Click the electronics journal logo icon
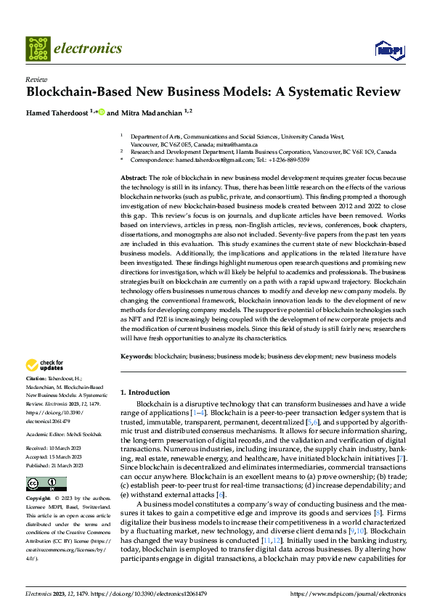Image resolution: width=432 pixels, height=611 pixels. point(38,49)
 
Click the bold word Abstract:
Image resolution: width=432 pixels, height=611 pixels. point(134,178)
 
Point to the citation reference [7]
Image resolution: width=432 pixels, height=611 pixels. point(402,440)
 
